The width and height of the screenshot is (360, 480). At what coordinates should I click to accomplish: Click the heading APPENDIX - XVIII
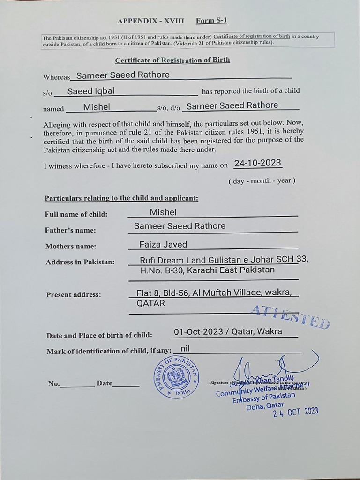click(x=151, y=21)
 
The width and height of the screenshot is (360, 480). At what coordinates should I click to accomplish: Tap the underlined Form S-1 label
click(x=211, y=21)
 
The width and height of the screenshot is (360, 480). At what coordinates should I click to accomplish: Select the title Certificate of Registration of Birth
click(x=172, y=60)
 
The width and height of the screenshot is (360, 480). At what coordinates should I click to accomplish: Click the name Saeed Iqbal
click(x=90, y=91)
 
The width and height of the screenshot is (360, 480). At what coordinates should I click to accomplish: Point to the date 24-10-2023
click(x=258, y=163)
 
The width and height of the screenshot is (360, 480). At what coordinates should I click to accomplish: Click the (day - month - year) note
click(x=262, y=181)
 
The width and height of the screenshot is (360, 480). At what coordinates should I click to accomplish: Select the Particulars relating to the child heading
click(x=121, y=198)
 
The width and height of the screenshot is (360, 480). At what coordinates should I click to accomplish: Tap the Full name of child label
click(x=76, y=214)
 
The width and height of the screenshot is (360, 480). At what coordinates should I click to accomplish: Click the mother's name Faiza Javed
click(x=163, y=244)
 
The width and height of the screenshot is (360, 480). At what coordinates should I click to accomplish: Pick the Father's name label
click(x=71, y=230)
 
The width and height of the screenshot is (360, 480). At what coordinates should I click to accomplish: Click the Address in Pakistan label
click(x=80, y=262)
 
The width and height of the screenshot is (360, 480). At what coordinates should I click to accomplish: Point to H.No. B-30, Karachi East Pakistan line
click(x=207, y=270)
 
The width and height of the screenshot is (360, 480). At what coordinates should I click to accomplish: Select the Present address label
click(x=74, y=295)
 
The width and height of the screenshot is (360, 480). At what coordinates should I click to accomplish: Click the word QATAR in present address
click(x=150, y=303)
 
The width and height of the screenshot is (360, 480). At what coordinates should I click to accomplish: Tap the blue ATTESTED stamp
click(x=291, y=317)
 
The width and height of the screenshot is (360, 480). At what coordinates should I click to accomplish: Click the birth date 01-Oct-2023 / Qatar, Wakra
click(x=228, y=332)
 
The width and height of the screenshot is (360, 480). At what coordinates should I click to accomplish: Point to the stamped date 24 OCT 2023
click(x=296, y=412)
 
